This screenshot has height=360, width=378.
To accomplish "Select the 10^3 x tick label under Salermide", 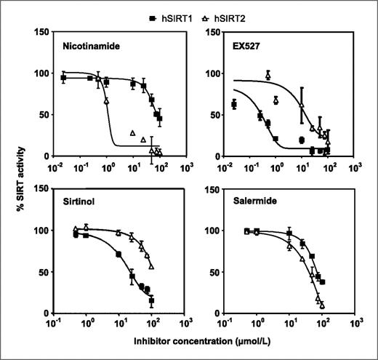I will [354, 325].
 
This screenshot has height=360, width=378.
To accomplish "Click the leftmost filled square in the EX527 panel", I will [213, 105].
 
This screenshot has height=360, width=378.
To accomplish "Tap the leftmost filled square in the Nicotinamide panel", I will [64, 78].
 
